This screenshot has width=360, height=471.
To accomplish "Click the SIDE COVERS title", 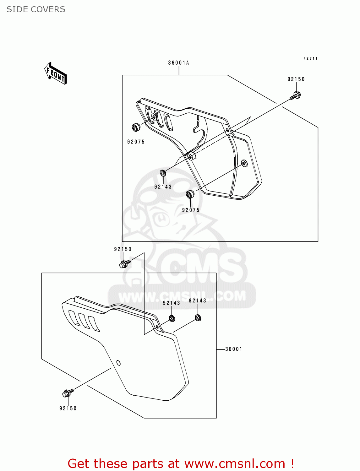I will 36,9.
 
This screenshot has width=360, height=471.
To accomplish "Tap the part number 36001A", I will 178,63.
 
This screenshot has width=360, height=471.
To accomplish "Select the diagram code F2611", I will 310,58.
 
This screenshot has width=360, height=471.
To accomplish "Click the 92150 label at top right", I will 296,79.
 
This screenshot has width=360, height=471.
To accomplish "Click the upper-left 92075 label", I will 136,142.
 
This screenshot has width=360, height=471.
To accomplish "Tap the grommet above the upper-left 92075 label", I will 136,127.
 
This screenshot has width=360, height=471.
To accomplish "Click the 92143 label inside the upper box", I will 163,187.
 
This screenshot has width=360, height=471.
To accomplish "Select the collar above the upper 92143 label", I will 163,173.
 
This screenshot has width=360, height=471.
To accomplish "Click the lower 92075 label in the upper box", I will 191,210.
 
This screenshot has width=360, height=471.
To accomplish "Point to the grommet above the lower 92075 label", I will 190,194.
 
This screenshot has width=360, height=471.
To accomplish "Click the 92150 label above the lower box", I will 123,249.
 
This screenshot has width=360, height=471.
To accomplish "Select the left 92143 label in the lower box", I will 171,303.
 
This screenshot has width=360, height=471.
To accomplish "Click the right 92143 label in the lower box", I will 197,301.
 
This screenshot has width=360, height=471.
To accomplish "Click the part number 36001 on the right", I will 234,349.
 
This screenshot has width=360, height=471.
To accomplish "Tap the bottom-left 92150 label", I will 68,409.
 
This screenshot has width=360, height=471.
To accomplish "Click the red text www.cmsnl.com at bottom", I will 235,463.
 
